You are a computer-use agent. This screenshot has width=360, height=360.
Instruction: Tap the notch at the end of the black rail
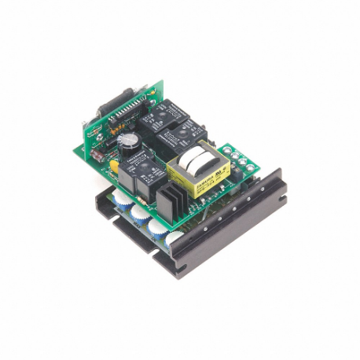pos(276,174)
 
